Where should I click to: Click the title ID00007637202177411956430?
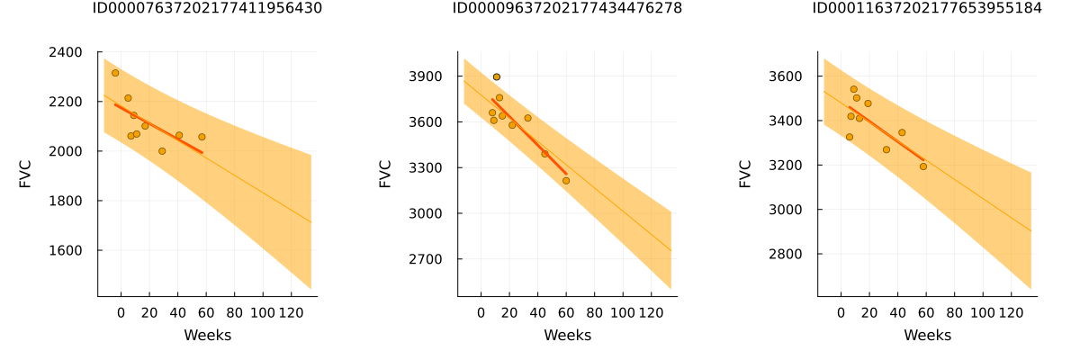click(207, 9)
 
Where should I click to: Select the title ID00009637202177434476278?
click(567, 9)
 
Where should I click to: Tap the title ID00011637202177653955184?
click(927, 9)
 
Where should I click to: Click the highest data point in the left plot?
click(115, 73)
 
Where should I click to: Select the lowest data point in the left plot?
click(162, 151)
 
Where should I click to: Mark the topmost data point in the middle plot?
click(497, 77)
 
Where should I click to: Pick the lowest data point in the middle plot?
click(566, 181)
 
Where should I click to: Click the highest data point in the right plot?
click(854, 89)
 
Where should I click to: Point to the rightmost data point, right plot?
click(923, 166)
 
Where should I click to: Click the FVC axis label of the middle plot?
click(385, 174)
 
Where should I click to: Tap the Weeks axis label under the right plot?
click(927, 336)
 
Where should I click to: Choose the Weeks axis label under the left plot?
click(207, 336)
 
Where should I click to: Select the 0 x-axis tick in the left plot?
click(121, 313)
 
